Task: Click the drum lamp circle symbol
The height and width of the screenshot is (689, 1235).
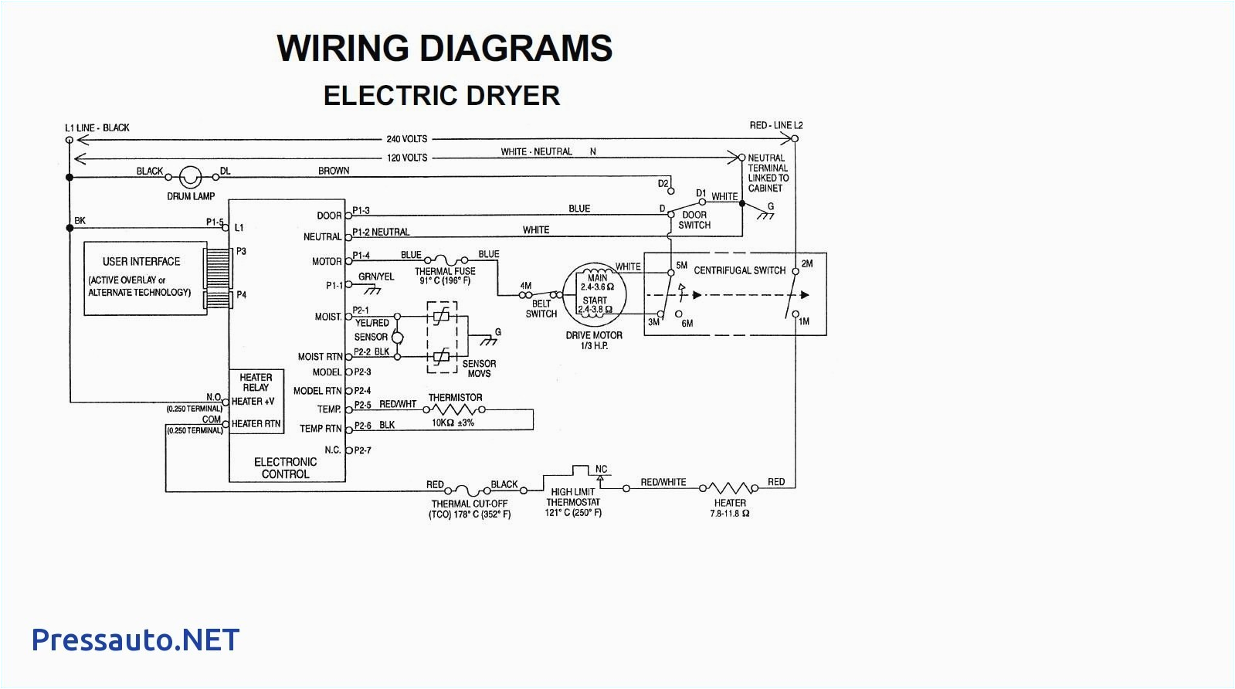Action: pyautogui.click(x=190, y=177)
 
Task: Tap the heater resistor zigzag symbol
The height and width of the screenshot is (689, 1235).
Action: pyautogui.click(x=729, y=488)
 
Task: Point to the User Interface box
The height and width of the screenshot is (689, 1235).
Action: pyautogui.click(x=145, y=278)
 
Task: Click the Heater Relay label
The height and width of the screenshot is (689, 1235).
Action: pyautogui.click(x=256, y=382)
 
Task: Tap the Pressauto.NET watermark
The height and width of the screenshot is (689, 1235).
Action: pyautogui.click(x=135, y=640)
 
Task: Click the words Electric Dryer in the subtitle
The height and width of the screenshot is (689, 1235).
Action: pyautogui.click(x=441, y=96)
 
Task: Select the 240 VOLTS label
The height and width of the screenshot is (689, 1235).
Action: pyautogui.click(x=407, y=139)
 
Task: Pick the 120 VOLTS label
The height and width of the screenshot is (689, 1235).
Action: pyautogui.click(x=407, y=158)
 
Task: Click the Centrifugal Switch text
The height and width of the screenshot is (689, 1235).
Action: pyautogui.click(x=739, y=270)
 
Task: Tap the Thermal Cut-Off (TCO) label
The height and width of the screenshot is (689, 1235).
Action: pyautogui.click(x=470, y=509)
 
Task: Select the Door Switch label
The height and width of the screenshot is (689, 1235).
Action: pyautogui.click(x=694, y=220)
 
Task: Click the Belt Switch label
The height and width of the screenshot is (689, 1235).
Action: pyautogui.click(x=541, y=309)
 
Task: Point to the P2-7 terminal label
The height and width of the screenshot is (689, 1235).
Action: pyautogui.click(x=363, y=450)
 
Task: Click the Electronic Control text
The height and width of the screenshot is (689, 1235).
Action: pyautogui.click(x=285, y=468)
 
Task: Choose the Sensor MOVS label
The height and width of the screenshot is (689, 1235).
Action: pyautogui.click(x=479, y=368)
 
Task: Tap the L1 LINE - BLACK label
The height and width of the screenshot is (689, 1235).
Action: pyautogui.click(x=97, y=127)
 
